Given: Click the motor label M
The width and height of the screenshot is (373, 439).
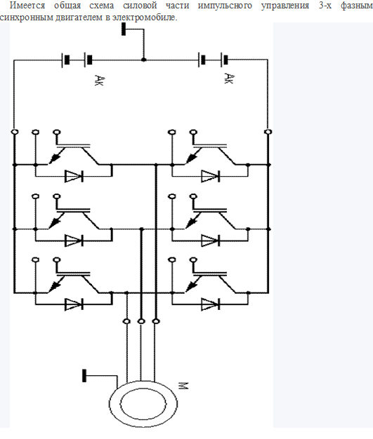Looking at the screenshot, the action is [183, 386].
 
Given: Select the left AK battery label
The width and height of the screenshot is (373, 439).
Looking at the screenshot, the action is [99, 80].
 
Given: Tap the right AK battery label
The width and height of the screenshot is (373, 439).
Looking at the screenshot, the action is [228, 79].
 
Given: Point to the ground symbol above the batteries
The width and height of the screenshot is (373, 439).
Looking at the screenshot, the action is [124, 29].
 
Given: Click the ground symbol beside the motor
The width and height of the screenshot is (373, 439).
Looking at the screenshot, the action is [84, 375].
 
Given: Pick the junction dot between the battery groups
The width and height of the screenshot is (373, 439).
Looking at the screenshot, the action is [143, 60].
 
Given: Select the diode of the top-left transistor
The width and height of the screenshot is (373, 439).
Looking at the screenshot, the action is [74, 177].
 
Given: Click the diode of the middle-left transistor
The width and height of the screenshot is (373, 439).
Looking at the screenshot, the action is [74, 241].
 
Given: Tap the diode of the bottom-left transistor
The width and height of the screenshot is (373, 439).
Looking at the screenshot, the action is [74, 304].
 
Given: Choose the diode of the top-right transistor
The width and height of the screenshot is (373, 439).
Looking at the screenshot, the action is [210, 177].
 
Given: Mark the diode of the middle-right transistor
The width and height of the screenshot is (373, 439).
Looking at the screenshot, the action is [210, 241].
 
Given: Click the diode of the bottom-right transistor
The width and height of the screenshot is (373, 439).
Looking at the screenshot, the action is [210, 304].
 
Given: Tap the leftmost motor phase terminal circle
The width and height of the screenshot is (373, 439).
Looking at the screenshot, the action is [126, 321].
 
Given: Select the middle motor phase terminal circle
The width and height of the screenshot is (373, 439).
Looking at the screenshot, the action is [141, 321].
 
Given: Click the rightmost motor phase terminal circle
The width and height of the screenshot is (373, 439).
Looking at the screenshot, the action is [156, 321].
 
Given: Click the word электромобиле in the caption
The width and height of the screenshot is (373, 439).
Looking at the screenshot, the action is [145, 18].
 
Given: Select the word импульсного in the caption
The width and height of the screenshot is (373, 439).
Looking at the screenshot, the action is [225, 6].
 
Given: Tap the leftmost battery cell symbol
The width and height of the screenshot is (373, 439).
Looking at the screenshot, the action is [65, 60].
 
